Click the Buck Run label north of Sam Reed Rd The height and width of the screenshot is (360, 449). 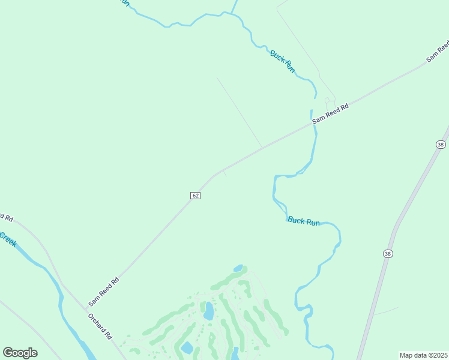(283, 61)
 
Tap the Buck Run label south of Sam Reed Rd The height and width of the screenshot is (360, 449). (304, 221)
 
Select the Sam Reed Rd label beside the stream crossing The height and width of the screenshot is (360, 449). (331, 114)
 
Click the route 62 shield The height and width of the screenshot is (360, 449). (195, 196)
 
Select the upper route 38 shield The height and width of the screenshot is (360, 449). (441, 145)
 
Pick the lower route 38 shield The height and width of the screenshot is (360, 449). (388, 254)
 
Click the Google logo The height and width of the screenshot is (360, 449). (20, 352)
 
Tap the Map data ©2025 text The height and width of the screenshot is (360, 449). (423, 355)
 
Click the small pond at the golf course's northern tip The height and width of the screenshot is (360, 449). (238, 268)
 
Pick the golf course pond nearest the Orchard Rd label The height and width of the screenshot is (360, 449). (187, 348)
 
